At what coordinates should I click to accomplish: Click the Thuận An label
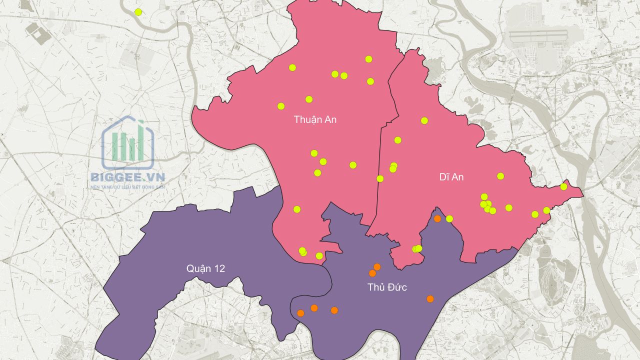[315, 119]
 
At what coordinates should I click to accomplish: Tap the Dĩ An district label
[451, 177]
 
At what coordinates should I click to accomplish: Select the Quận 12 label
[205, 268]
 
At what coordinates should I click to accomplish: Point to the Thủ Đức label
[387, 287]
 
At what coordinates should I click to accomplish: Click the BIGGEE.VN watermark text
[127, 177]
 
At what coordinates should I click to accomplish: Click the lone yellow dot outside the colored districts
[138, 12]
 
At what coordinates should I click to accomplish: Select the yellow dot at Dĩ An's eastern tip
[563, 186]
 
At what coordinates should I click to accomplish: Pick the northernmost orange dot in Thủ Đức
[437, 218]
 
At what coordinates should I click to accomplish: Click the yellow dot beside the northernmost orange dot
[449, 218]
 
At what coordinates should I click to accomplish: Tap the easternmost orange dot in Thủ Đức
[430, 299]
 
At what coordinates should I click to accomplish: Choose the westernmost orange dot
[300, 313]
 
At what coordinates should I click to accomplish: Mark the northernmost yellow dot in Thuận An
[368, 59]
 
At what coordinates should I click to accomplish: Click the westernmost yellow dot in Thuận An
[281, 106]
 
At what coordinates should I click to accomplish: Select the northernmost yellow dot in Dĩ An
[424, 120]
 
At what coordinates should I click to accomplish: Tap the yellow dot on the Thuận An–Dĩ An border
[380, 178]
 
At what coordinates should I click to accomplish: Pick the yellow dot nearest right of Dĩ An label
[500, 176]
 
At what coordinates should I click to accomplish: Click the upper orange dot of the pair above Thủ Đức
[377, 266]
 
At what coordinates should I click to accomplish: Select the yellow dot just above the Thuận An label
[309, 99]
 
